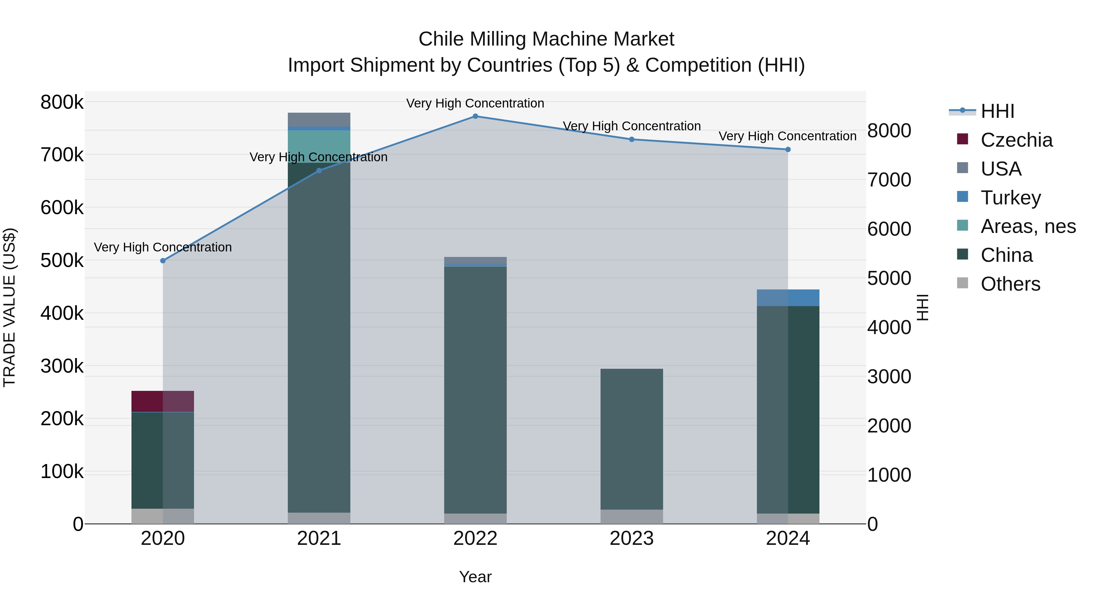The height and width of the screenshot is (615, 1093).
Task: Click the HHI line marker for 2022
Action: coord(475,116)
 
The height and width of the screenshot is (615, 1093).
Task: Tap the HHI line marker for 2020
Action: coord(163,261)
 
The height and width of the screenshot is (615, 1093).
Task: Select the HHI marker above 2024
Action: coord(788,149)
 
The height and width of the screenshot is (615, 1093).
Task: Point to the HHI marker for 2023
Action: coord(632,139)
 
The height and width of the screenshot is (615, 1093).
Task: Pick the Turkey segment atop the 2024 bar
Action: coord(788,298)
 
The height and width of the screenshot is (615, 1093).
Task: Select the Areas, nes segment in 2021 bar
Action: coord(319,146)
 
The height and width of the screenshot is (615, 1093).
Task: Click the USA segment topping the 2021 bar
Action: coord(319,119)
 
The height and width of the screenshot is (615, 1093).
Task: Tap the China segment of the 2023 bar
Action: coord(632,439)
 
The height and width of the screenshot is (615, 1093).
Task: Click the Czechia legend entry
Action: coord(1016,140)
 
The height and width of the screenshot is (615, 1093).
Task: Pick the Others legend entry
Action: coord(1010,284)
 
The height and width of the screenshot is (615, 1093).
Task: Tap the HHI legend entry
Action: coord(997,111)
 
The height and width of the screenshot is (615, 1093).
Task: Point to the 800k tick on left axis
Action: coord(62,102)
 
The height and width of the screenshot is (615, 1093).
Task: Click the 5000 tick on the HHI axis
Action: coord(889,278)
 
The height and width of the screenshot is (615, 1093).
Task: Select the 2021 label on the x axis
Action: coord(319,538)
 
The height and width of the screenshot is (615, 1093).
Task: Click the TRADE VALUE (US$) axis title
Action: coord(9,307)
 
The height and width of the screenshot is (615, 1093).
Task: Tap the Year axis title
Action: coord(475,577)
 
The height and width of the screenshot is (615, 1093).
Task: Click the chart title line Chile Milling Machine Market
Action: coord(546,39)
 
